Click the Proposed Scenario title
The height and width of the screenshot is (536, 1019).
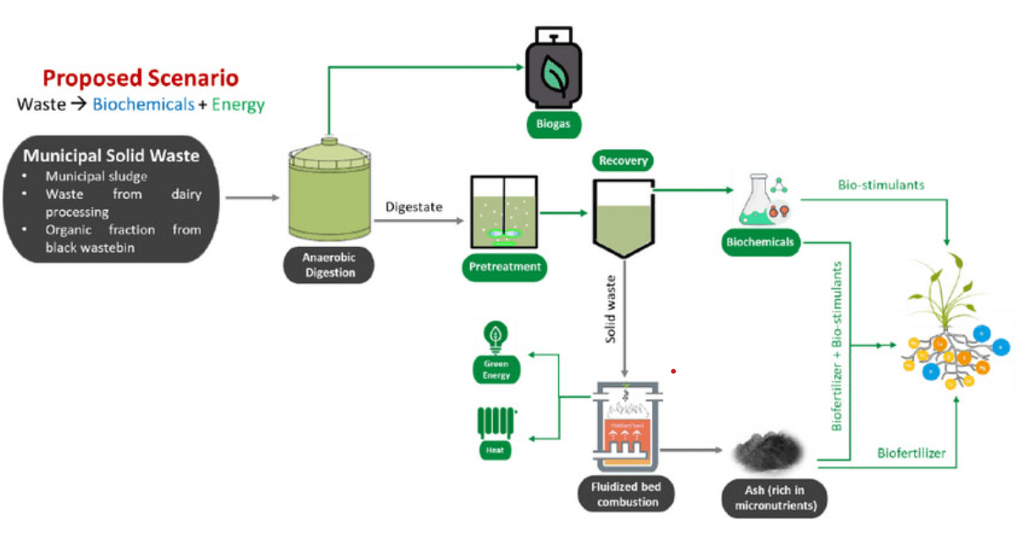point(141,79)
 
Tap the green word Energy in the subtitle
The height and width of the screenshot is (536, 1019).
point(238,105)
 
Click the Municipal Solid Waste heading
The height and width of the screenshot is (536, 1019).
point(111,156)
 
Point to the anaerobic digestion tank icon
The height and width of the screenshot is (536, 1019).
point(329,191)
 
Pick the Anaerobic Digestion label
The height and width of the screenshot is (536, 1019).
point(329,267)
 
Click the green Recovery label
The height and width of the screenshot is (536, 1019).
point(623,159)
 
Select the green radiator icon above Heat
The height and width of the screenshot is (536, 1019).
point(496,420)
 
